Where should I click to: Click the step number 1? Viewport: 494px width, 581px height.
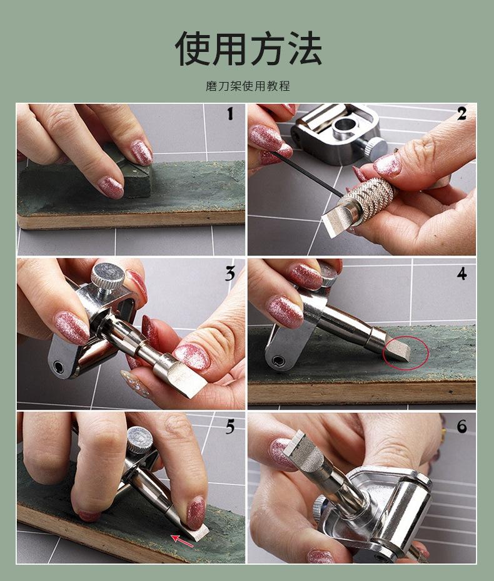point(230,114)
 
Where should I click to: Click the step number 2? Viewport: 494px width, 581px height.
point(461,114)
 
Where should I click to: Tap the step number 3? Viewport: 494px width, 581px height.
point(230,274)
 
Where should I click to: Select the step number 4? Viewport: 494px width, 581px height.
point(461,274)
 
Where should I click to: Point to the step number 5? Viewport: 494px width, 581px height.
point(230,427)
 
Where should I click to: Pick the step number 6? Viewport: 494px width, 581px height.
point(461,426)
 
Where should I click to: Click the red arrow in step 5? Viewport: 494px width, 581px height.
point(182,540)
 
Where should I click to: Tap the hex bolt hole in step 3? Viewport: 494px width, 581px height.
point(58,367)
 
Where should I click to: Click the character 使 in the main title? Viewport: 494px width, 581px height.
point(193,49)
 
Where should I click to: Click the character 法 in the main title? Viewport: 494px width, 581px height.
point(303,49)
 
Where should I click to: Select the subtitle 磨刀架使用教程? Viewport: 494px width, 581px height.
point(248,86)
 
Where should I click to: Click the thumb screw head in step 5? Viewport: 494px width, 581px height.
point(140,440)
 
